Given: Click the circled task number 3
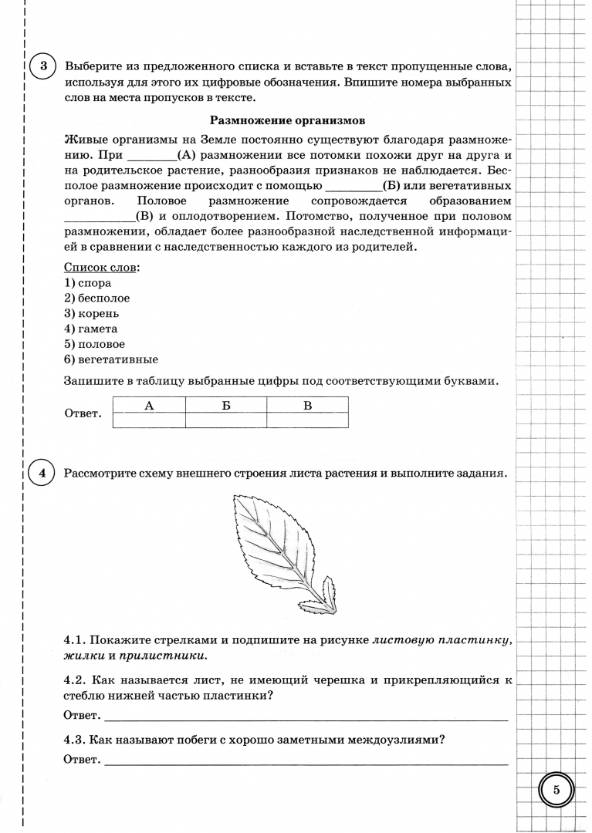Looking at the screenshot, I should (x=42, y=66).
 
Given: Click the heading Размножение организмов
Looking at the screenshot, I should (x=287, y=120).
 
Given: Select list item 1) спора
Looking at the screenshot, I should (x=88, y=283).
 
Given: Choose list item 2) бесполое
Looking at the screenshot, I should (x=97, y=298).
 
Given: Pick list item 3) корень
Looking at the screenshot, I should (x=91, y=314).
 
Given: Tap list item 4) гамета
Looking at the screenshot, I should (x=91, y=329).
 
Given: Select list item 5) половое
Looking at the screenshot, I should (x=94, y=344).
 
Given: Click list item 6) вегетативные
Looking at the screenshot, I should (x=111, y=359).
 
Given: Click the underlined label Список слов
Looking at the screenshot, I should (x=102, y=267).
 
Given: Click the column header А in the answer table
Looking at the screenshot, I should (x=149, y=404).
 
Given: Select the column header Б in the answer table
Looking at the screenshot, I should (x=226, y=404).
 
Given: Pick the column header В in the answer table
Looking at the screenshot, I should (x=307, y=404).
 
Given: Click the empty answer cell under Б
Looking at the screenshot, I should (x=226, y=420).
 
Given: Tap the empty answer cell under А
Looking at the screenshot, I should (x=149, y=420).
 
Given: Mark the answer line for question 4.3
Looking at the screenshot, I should (x=305, y=763).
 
